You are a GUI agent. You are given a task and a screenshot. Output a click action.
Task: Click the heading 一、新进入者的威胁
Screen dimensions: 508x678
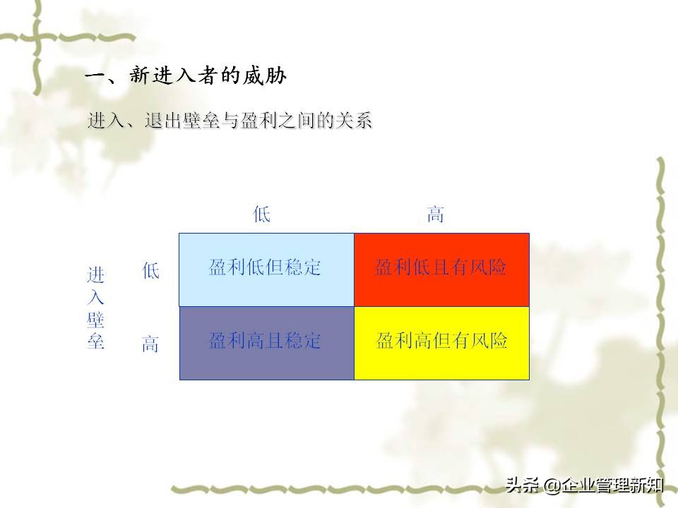[x=186, y=76]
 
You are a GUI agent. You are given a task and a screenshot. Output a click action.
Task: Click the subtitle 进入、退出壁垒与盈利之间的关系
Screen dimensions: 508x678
[x=230, y=121]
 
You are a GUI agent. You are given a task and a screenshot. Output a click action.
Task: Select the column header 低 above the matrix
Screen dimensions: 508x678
[x=262, y=214]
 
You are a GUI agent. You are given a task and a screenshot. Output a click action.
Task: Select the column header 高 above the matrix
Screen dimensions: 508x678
[x=436, y=214]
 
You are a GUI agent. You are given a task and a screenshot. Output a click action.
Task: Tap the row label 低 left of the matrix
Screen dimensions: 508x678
[x=151, y=271]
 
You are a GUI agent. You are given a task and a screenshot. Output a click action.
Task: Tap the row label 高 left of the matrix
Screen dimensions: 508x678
[x=151, y=345]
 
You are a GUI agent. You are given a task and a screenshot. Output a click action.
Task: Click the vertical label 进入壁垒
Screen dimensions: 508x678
[x=95, y=308]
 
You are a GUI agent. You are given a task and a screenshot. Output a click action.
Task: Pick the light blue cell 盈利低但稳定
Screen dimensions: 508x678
[x=266, y=268]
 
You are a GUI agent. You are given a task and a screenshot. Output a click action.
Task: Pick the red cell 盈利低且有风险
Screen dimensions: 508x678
[x=441, y=268]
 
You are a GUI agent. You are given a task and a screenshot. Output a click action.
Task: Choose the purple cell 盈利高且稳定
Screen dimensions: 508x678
[x=266, y=341]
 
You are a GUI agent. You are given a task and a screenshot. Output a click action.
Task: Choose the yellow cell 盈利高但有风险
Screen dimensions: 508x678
[x=441, y=341]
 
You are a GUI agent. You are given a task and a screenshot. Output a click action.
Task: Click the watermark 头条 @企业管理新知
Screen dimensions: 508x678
[x=583, y=485]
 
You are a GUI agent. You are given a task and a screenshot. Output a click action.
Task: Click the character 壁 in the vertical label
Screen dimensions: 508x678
[x=95, y=322]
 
